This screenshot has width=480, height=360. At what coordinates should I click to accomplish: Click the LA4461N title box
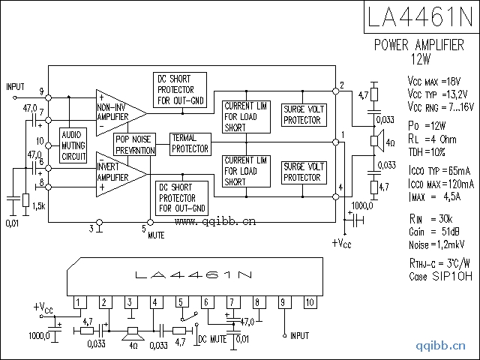[x=420, y=17]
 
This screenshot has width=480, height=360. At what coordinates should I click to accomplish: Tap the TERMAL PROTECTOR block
[x=189, y=144]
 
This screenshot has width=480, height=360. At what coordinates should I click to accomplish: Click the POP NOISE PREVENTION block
[x=134, y=145]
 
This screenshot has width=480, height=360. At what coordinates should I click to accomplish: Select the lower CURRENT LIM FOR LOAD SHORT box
[x=246, y=171]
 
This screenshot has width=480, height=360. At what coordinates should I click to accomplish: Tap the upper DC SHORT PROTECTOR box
[x=180, y=89]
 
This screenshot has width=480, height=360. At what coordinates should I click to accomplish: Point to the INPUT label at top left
[x=16, y=88]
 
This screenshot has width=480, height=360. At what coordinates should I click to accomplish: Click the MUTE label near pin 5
[x=156, y=235]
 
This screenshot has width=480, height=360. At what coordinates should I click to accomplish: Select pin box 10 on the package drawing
[x=310, y=302]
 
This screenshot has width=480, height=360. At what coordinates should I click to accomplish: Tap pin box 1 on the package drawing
[x=78, y=302]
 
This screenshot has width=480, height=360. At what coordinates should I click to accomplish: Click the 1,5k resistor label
[x=38, y=205]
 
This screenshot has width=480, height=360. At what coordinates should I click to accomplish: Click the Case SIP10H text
[x=441, y=275]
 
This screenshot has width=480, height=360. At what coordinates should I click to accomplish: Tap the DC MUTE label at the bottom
[x=212, y=339]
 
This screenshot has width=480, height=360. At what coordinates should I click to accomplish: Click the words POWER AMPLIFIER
[x=419, y=45]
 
